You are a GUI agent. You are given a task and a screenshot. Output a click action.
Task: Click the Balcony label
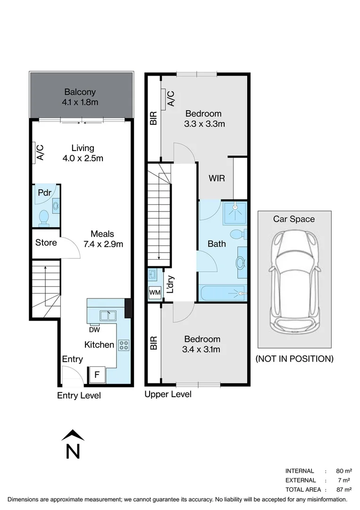coord(80,92)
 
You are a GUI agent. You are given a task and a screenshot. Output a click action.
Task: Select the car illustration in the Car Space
coord(294,282)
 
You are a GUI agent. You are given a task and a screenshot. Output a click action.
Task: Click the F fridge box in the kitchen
coord(97,375)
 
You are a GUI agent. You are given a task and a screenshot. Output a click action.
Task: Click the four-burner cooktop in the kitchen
coord(124,345)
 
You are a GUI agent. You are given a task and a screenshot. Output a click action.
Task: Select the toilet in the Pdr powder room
coord(43,217)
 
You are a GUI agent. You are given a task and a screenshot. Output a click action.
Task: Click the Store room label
coord(46,243)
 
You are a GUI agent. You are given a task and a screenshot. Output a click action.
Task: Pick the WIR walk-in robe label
coord(217,178)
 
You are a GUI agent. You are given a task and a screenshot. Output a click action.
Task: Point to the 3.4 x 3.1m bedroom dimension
coord(202,349)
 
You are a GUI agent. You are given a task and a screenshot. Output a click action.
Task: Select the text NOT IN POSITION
coord(294,359)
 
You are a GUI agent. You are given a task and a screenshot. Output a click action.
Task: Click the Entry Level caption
coord(79,396)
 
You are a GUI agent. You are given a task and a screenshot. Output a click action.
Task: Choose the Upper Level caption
coord(168,394)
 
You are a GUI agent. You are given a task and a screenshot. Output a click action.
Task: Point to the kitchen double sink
coord(108,315)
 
